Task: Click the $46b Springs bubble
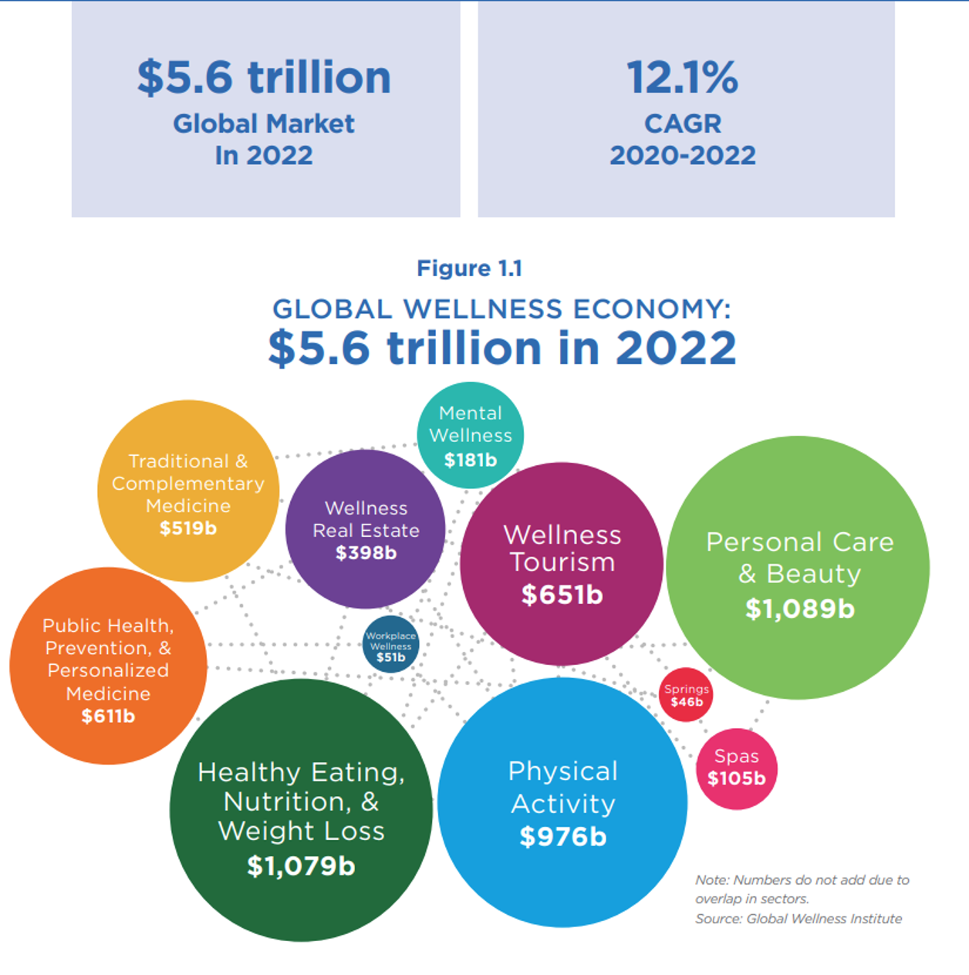pos(686,695)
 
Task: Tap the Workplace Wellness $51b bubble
pos(391,645)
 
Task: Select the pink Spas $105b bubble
pos(737,768)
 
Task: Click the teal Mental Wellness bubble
pos(471,434)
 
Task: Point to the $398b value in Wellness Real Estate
pos(366,553)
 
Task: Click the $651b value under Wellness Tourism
pos(562,595)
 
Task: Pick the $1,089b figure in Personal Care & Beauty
pos(799,609)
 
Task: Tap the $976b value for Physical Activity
pos(562,836)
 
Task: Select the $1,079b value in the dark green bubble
pos(301,865)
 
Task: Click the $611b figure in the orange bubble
pos(108,716)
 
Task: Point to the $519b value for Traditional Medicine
pos(188,528)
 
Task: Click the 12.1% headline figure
pos(683,78)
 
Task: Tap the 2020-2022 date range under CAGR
pos(683,156)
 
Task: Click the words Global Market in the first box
pos(264,123)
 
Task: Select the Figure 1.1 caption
pos(470,268)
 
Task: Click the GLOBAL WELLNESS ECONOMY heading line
pos(501,309)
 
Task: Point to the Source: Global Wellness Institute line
pos(798,919)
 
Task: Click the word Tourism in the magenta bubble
pos(562,562)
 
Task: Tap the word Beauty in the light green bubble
pos(813,574)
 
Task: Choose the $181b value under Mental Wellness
pos(471,460)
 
